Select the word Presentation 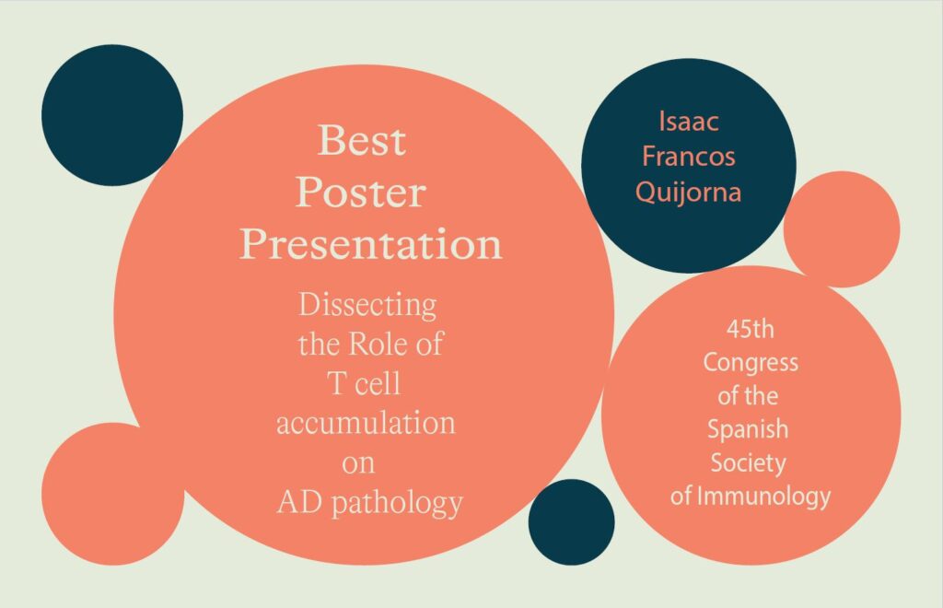[370, 243]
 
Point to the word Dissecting [367, 306]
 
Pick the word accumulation [366, 422]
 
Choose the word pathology [398, 503]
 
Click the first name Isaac [689, 121]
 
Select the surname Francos [689, 157]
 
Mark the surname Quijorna [689, 193]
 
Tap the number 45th [750, 329]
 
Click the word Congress [751, 363]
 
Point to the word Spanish [748, 429]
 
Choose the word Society [748, 463]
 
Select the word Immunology [763, 497]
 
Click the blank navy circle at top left [112, 115]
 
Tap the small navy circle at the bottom [571, 522]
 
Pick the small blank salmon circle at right [842, 229]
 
